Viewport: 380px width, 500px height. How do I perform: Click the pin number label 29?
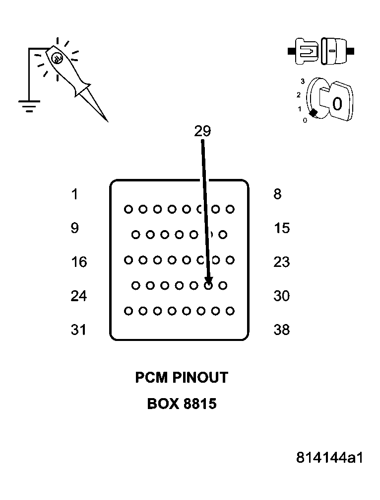click(202, 131)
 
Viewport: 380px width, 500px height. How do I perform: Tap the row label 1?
click(74, 194)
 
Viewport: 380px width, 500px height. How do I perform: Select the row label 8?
click(277, 194)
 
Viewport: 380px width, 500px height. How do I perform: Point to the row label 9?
click(74, 228)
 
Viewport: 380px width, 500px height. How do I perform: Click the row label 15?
click(281, 228)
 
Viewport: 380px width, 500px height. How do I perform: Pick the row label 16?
click(79, 262)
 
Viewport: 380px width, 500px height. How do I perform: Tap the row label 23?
click(281, 262)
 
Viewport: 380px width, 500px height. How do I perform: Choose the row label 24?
click(79, 296)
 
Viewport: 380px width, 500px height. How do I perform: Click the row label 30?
click(281, 296)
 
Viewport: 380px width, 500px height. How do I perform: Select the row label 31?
click(79, 330)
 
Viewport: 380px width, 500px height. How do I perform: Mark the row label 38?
click(281, 330)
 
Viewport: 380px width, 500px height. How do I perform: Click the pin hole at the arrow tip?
click(209, 285)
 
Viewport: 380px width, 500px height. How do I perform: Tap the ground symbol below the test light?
click(29, 105)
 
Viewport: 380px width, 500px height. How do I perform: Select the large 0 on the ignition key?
click(337, 104)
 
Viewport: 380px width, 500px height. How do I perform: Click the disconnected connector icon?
click(321, 51)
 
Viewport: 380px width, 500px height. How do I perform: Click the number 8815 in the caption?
click(200, 404)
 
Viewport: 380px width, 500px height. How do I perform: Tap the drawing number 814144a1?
click(329, 457)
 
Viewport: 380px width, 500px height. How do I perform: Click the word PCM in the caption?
click(152, 378)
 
